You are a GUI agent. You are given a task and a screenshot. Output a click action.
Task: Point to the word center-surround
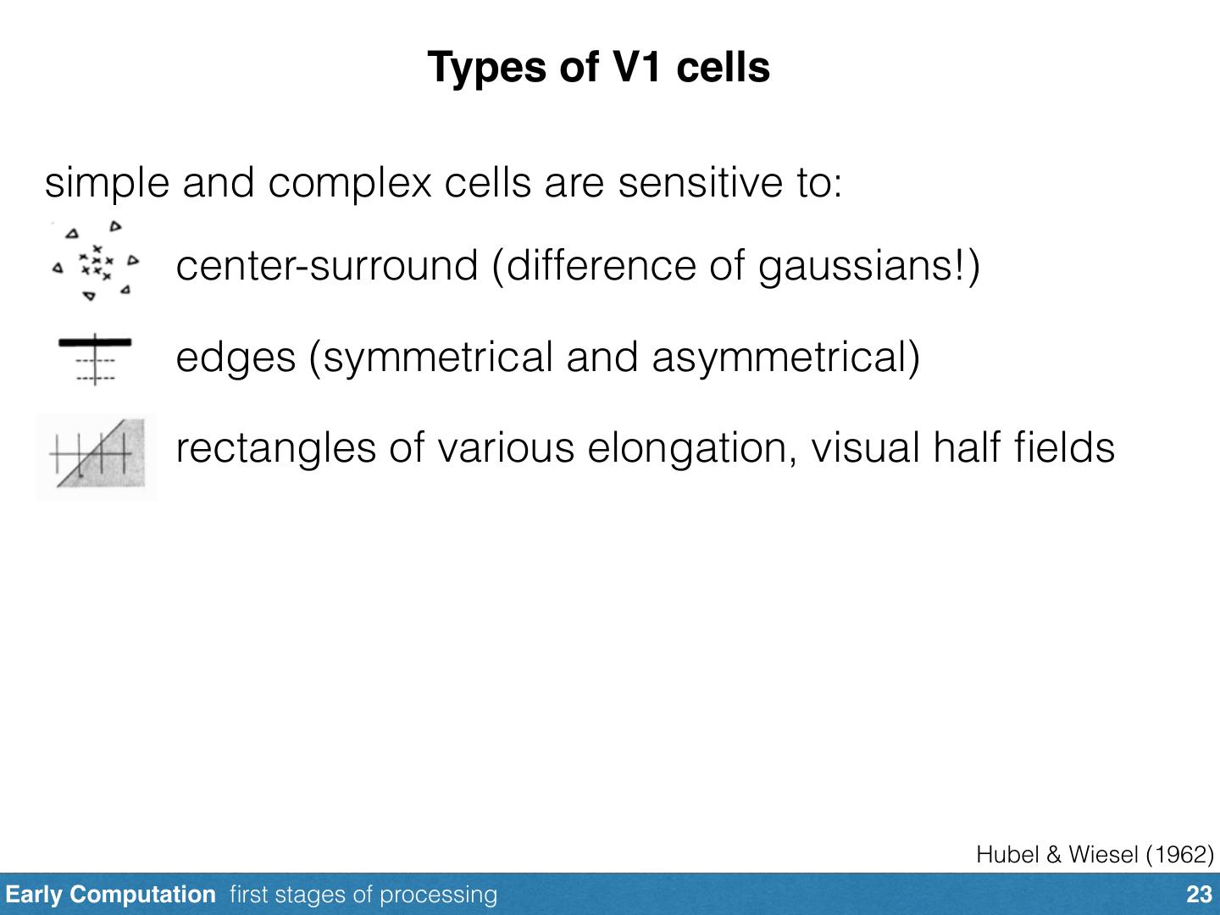tap(326, 266)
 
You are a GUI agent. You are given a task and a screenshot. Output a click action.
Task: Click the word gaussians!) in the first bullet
tap(869, 266)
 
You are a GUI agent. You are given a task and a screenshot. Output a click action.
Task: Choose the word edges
tap(236, 358)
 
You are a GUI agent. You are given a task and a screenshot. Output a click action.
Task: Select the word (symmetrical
tap(431, 358)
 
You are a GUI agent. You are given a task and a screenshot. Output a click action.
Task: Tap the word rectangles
tap(275, 448)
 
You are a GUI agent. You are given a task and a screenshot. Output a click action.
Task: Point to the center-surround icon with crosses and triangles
tap(96, 261)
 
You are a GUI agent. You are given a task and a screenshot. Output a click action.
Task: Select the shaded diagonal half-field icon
tap(97, 457)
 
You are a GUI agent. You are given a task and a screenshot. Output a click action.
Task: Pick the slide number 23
tap(1199, 895)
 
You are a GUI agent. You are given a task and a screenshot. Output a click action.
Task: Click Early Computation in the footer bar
tap(110, 895)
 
